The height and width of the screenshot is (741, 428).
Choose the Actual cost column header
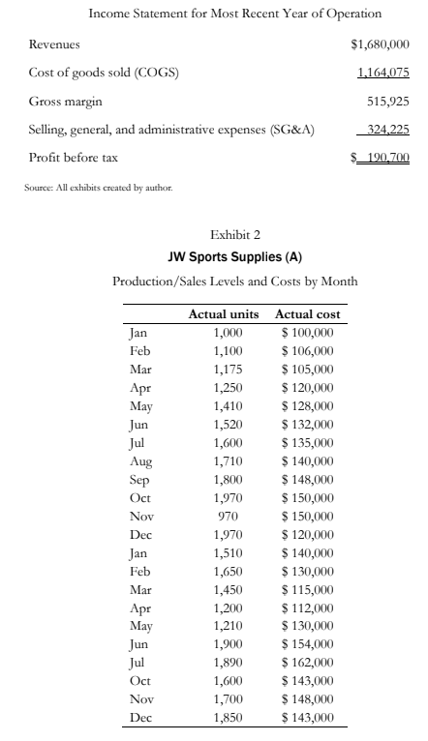307,315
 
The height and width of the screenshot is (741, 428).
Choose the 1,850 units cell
229,716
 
